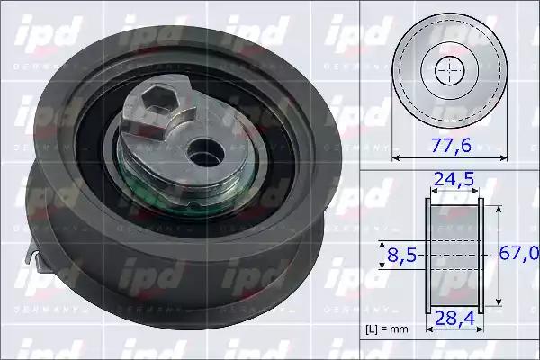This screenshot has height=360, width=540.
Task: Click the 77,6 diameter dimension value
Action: tap(451, 146)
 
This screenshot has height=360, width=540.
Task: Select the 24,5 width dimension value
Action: tap(454, 179)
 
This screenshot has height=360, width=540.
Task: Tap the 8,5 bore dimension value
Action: tap(402, 256)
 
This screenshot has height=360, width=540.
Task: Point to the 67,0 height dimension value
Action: tap(519, 254)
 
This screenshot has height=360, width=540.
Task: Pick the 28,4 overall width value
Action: tap(454, 319)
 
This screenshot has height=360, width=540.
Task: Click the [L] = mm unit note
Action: tap(387, 329)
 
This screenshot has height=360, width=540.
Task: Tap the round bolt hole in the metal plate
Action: tap(205, 154)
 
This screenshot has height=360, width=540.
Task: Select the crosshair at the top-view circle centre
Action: tap(450, 70)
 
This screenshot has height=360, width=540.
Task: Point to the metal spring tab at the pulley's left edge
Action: tap(34, 254)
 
